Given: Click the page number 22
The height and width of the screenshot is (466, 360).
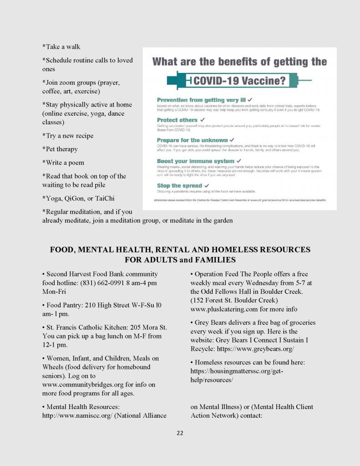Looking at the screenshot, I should pyautogui.click(x=180, y=433).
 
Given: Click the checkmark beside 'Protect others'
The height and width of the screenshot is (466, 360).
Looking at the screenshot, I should pyautogui.click(x=202, y=120).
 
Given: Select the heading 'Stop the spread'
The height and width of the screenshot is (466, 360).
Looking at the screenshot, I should pyautogui.click(x=179, y=185).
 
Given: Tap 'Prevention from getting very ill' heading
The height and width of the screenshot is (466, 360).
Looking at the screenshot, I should pyautogui.click(x=201, y=99).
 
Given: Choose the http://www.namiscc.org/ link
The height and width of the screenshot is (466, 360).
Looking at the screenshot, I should pyautogui.click(x=76, y=415).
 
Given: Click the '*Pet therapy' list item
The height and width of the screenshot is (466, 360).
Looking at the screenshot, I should pyautogui.click(x=60, y=149).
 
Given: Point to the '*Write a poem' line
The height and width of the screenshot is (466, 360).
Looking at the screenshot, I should pyautogui.click(x=63, y=163).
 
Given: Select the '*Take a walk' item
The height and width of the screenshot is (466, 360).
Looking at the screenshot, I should pyautogui.click(x=61, y=46).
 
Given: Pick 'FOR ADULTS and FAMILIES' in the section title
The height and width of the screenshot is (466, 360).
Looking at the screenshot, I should pyautogui.click(x=180, y=260).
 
